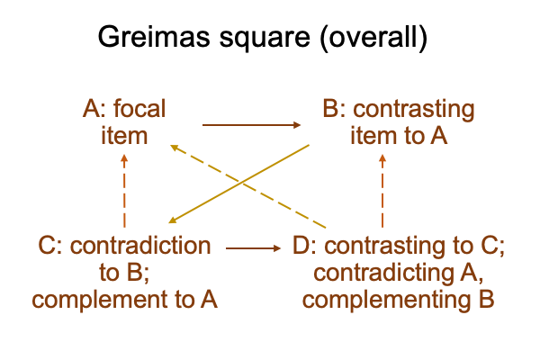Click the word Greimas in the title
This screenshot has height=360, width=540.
154,36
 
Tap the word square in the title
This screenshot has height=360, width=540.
265,38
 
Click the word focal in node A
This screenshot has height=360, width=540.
139,109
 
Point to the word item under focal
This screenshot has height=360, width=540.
124,136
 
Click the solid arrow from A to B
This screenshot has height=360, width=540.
252,125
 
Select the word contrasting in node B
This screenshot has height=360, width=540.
414,110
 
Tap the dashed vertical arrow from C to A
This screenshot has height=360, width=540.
124,191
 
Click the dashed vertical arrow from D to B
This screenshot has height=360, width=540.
382,191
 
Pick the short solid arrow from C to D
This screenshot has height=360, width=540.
254,248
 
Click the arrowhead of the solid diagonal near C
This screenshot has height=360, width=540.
172,220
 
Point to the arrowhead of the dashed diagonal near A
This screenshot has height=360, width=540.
175,148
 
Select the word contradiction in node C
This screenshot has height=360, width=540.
140,246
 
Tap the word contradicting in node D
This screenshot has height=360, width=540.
383,274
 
